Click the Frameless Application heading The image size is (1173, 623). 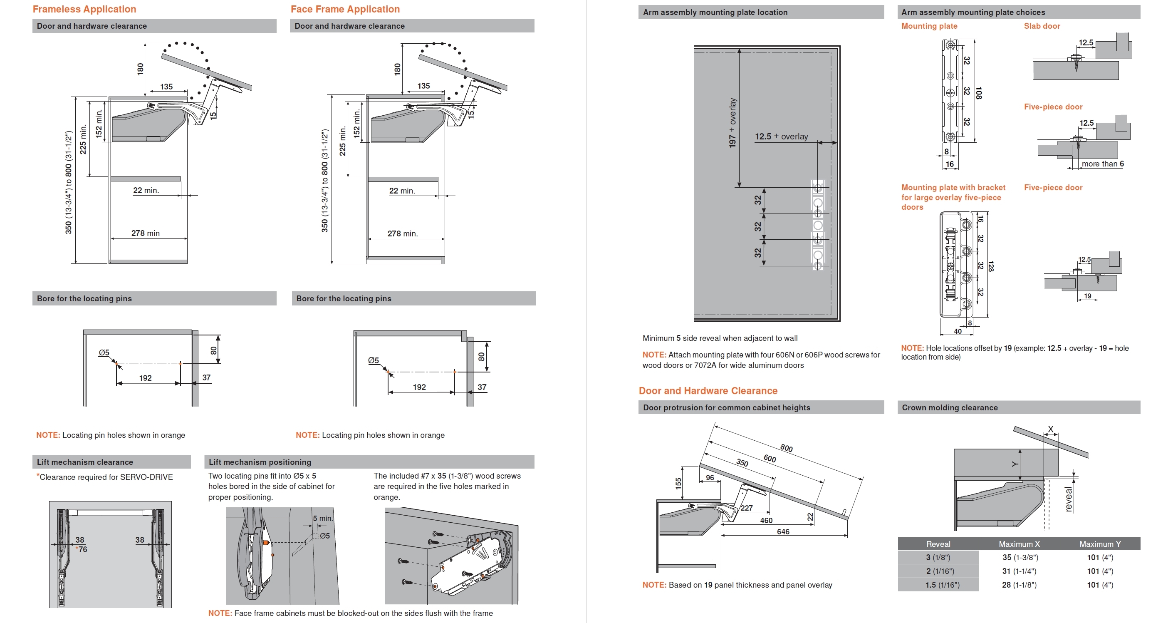(x=84, y=9)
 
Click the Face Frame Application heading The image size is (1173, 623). (x=345, y=9)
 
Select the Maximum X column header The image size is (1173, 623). (x=1019, y=544)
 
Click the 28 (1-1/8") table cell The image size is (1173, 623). (x=1019, y=585)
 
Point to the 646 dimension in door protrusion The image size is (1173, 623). (x=783, y=531)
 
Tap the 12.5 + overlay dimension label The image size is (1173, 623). (x=782, y=136)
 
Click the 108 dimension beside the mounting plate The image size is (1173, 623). (x=979, y=93)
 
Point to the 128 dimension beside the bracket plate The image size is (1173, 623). (x=991, y=266)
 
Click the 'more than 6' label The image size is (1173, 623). (x=1102, y=164)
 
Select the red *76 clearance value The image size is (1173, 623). (x=82, y=550)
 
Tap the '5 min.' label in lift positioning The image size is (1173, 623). (x=323, y=518)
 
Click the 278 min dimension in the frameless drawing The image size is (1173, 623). (x=145, y=233)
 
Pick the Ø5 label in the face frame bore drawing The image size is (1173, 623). (x=374, y=360)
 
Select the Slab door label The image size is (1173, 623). (x=1042, y=26)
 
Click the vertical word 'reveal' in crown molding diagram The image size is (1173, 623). (x=1068, y=499)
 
